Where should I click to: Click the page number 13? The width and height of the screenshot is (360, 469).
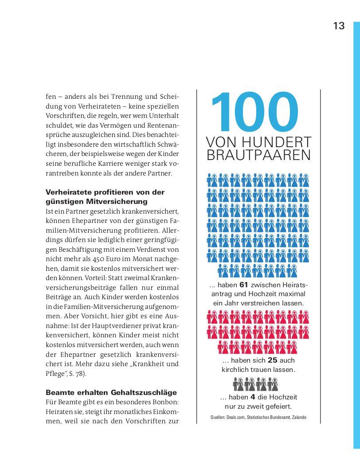[x=339, y=26]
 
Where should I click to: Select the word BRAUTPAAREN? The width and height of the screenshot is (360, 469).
[x=258, y=156]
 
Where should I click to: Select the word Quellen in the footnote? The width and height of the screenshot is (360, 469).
[x=218, y=418]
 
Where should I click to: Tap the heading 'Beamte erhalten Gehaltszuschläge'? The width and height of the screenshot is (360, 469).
[x=111, y=393]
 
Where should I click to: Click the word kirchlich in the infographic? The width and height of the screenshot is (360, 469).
[x=235, y=369]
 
